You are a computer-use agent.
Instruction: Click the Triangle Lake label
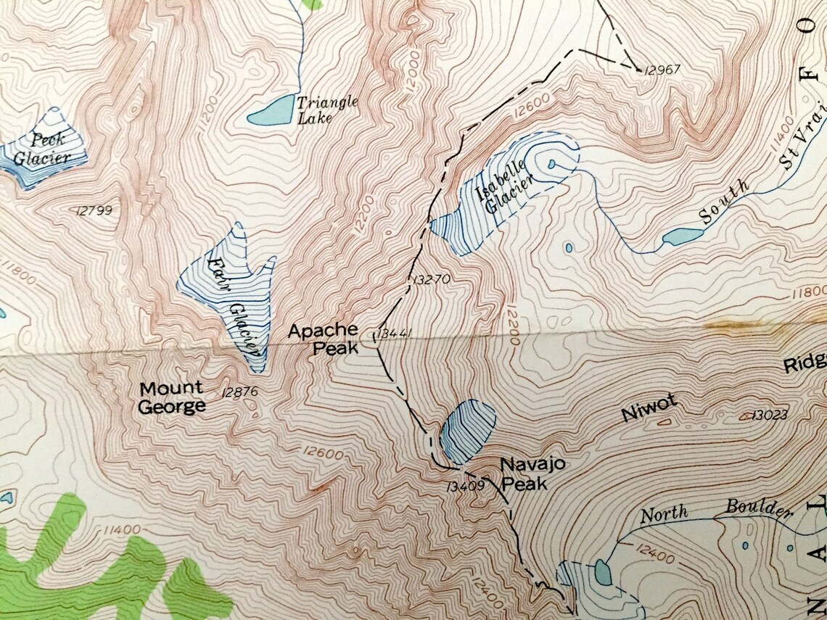(327, 109)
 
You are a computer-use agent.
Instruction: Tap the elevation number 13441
(395, 334)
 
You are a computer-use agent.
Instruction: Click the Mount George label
(172, 398)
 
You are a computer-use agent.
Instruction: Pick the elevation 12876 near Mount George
(242, 392)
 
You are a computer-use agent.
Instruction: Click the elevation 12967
(662, 70)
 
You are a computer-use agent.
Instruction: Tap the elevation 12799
(94, 211)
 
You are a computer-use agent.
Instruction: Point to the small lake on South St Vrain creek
(683, 236)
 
